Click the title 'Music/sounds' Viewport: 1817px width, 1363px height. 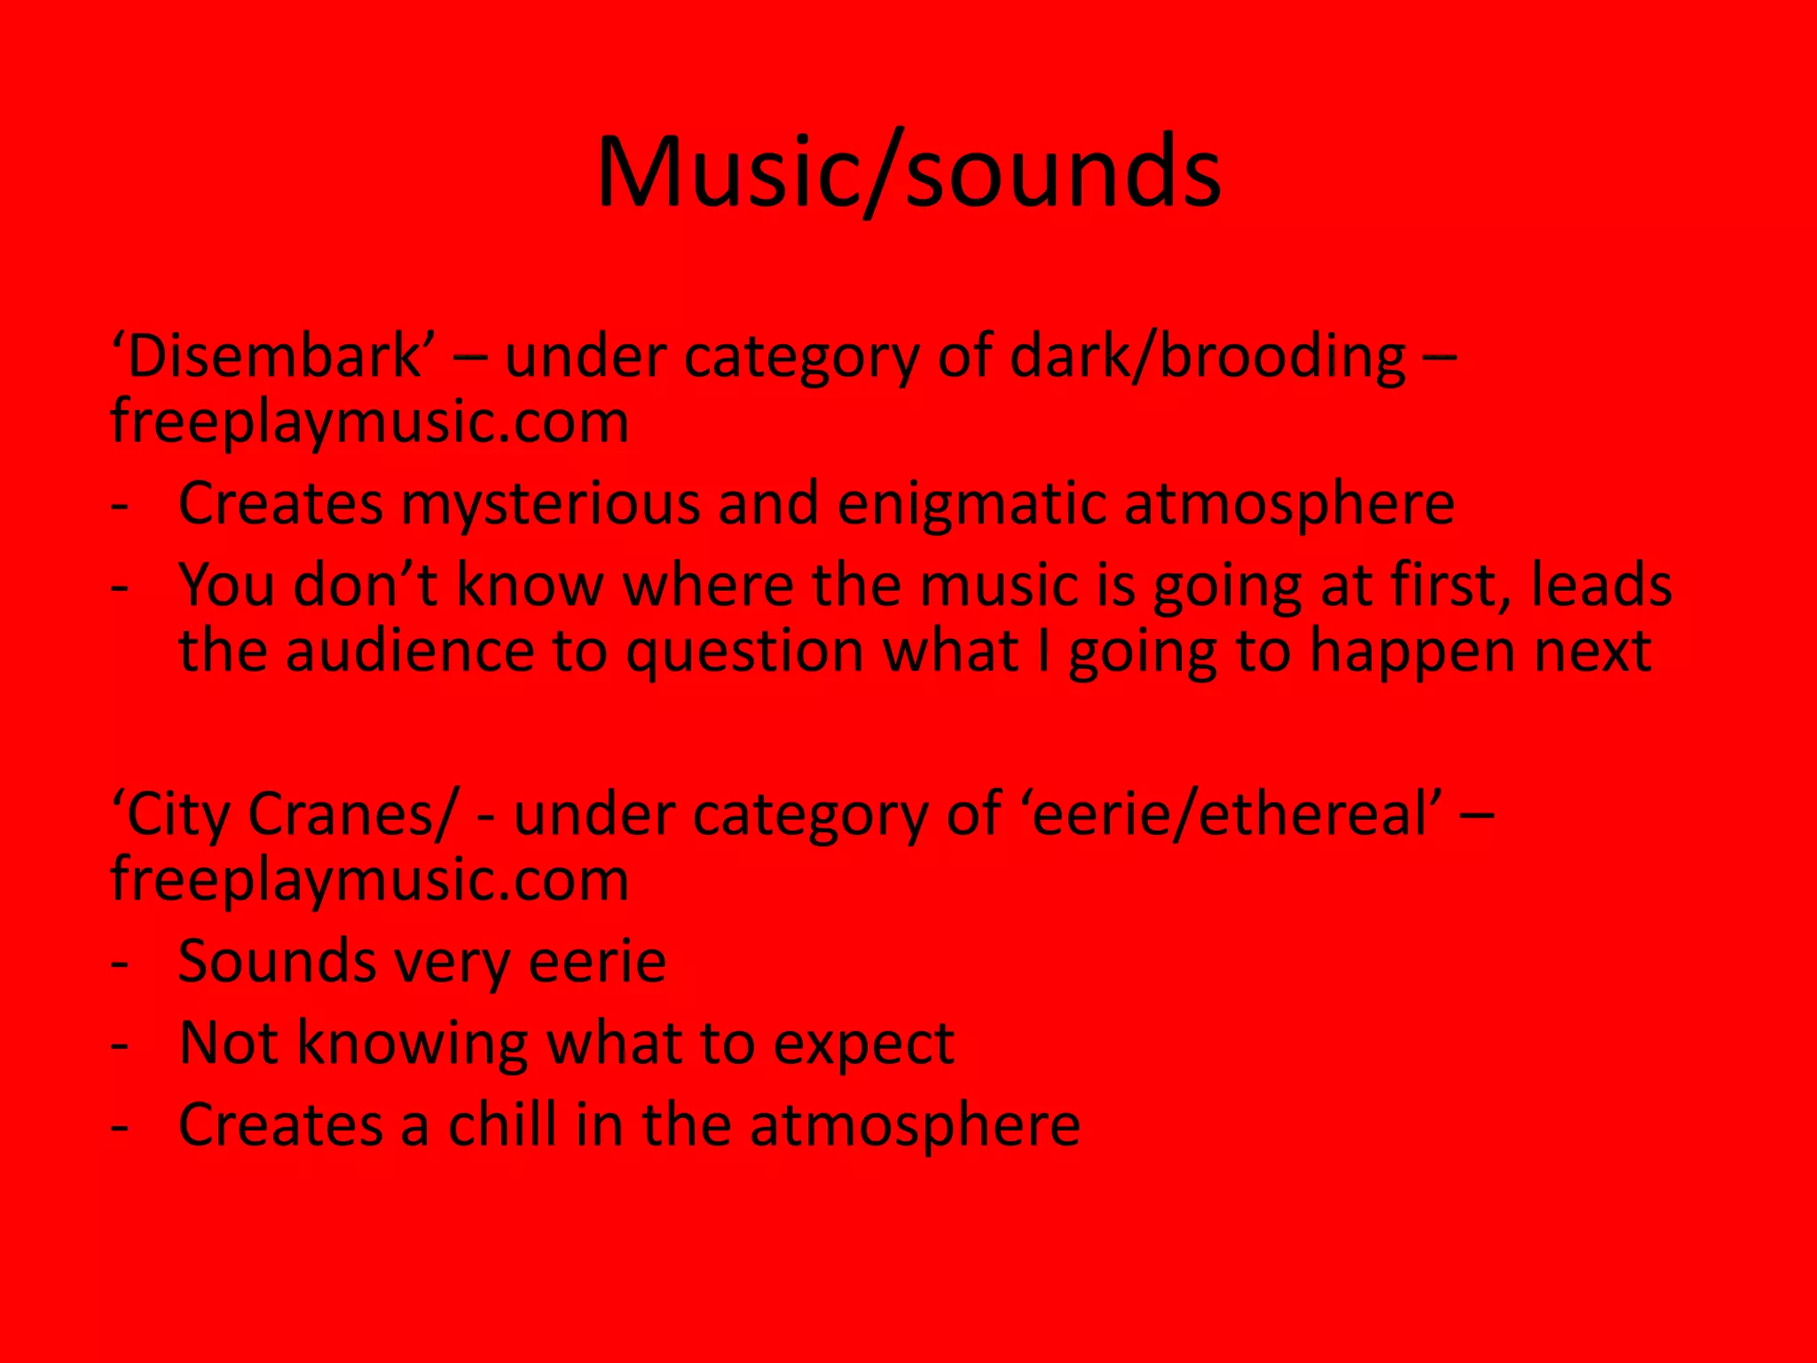pos(908,171)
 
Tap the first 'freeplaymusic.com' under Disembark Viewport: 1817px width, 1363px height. pos(369,422)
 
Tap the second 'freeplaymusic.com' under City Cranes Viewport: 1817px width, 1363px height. pos(369,880)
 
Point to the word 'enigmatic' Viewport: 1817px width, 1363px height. pos(971,504)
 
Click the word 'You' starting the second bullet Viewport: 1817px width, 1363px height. pos(226,586)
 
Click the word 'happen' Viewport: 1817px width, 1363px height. pos(1412,653)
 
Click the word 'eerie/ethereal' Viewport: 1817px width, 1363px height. pos(1237,814)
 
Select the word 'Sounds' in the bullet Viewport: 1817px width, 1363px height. pos(277,962)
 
